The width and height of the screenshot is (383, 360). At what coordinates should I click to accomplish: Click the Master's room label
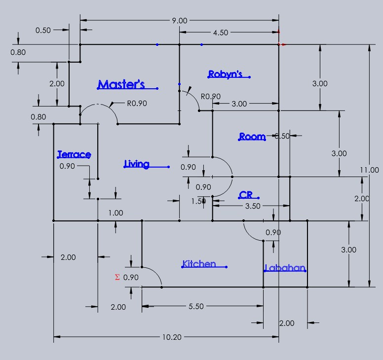click(x=121, y=85)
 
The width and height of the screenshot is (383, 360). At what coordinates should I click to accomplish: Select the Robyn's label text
click(x=225, y=74)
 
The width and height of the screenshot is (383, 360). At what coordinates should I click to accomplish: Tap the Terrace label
click(x=74, y=154)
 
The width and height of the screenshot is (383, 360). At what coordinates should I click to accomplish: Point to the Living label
click(x=137, y=164)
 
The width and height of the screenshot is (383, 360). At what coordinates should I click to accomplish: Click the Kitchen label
click(x=199, y=264)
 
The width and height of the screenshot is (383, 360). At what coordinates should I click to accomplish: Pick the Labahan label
click(x=285, y=268)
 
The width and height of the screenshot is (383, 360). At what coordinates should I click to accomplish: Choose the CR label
click(x=246, y=195)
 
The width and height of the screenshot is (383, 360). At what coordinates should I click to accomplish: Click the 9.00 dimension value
click(x=179, y=21)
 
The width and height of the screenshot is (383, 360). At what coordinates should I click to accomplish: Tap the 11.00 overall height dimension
click(x=369, y=170)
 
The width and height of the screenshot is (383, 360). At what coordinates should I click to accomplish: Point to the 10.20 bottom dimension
click(x=171, y=337)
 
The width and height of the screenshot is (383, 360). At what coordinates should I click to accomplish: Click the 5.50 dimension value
click(x=196, y=307)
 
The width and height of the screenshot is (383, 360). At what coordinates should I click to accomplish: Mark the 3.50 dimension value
click(x=253, y=206)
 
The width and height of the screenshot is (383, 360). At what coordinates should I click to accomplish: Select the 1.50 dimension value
click(x=198, y=201)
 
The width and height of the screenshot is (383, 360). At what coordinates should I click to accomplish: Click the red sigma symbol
click(x=117, y=277)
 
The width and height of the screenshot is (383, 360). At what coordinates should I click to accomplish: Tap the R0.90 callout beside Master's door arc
click(x=137, y=104)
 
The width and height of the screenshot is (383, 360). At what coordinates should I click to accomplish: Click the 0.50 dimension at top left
click(x=43, y=30)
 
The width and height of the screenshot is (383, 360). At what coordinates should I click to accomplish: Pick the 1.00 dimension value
click(x=115, y=213)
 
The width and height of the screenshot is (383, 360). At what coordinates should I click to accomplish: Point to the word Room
click(x=252, y=137)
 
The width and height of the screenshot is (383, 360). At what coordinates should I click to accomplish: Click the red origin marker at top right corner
click(x=279, y=44)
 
